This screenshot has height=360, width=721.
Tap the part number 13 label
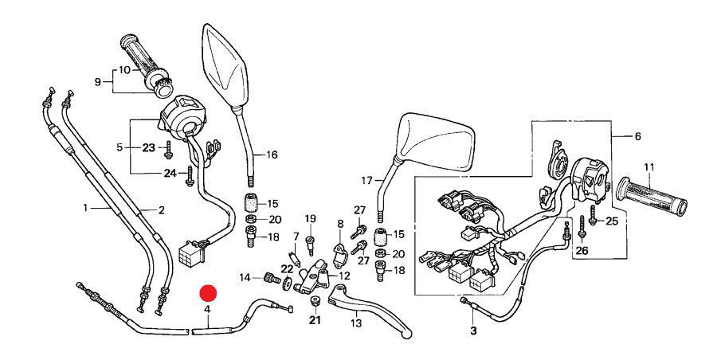pos(355,323)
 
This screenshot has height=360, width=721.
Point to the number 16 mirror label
pos(272,155)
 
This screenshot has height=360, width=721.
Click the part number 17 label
pos(366,181)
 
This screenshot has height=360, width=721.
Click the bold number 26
pos(581,250)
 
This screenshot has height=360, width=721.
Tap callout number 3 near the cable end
pos(473,331)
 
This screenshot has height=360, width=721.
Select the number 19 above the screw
pos(310,219)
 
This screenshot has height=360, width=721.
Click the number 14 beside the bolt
pos(245,277)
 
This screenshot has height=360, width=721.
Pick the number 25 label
pos(612,221)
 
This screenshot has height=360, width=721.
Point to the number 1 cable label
pos(86,208)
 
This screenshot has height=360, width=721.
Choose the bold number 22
pos(287,268)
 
